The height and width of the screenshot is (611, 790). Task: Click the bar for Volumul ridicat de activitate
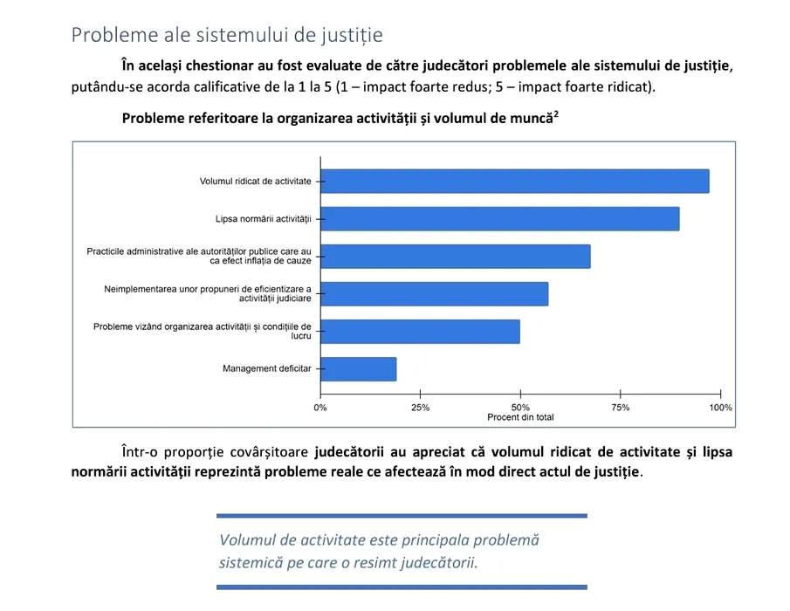[x=515, y=181]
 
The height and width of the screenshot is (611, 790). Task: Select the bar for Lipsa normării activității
[x=499, y=218]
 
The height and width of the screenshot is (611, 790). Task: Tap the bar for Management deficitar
[x=358, y=369]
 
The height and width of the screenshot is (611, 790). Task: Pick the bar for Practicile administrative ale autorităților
[x=455, y=256]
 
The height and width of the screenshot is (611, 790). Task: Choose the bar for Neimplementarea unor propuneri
[x=434, y=293]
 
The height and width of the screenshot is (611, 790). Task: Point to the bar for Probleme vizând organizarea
[x=420, y=332]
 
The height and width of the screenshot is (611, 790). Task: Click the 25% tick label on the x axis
[x=420, y=408]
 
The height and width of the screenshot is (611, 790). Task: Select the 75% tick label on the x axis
[x=621, y=408]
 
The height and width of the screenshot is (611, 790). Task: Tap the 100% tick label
[x=720, y=408]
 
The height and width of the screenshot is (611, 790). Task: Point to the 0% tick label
[x=320, y=408]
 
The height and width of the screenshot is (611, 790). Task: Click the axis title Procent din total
[x=520, y=418]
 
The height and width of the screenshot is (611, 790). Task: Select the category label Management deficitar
[x=267, y=369]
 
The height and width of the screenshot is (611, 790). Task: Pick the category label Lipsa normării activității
[x=264, y=218]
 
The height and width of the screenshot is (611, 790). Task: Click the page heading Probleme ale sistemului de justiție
[x=227, y=35]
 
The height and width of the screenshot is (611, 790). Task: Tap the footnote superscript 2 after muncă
[x=555, y=113]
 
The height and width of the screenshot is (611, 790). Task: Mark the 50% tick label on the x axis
[x=520, y=408]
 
